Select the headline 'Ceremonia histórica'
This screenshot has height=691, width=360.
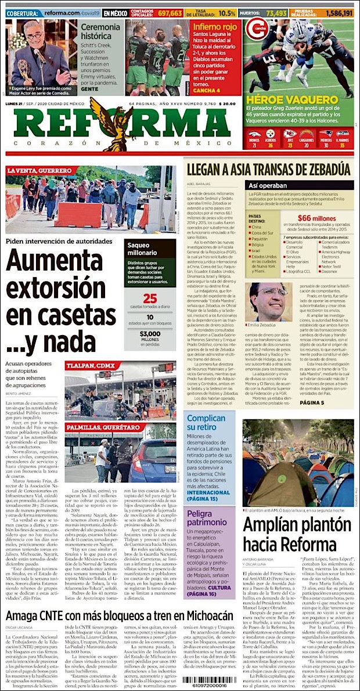tap(100, 31)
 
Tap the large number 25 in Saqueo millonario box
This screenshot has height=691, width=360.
tap(150, 298)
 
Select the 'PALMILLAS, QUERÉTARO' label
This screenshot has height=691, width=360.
tap(105, 411)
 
